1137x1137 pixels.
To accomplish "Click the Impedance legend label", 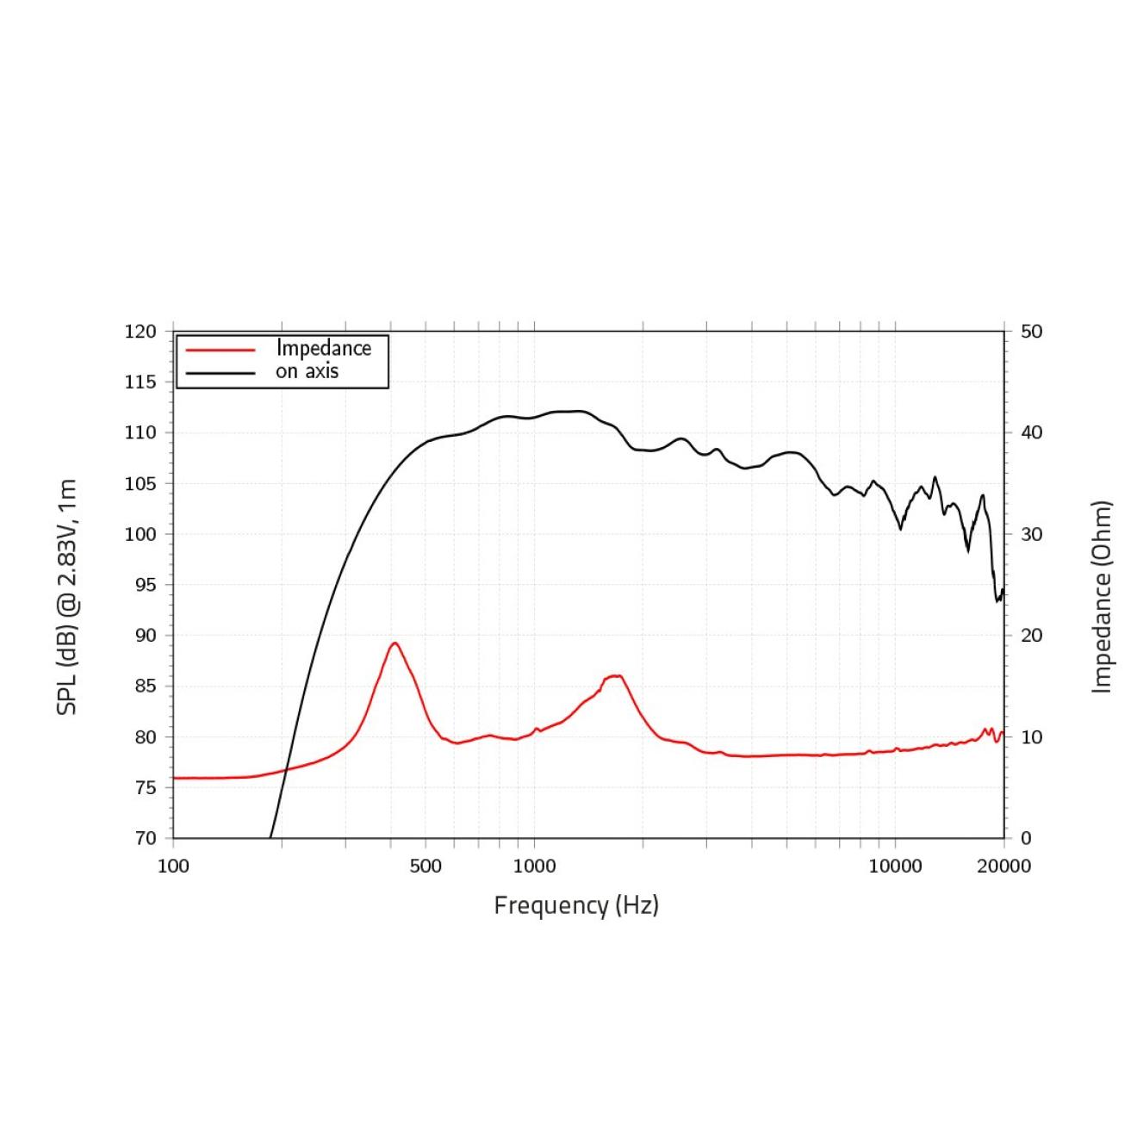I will (x=323, y=349).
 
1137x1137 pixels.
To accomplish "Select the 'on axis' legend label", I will (x=307, y=372).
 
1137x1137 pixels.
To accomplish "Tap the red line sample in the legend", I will (x=221, y=350).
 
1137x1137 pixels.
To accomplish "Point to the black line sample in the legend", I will (x=221, y=373).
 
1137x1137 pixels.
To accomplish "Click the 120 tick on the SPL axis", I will (x=140, y=332).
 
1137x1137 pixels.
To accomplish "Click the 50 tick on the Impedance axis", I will (x=1031, y=332).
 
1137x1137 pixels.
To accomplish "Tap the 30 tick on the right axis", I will (x=1031, y=534).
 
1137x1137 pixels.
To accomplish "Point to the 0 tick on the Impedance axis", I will (x=1026, y=838).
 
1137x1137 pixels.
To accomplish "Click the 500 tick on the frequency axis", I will (x=426, y=866).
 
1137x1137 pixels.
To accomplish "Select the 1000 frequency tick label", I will (x=534, y=866).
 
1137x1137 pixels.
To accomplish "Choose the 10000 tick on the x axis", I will (x=895, y=866).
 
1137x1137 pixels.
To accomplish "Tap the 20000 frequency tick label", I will (x=1003, y=866).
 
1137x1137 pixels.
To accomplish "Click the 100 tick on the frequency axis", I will (x=173, y=866).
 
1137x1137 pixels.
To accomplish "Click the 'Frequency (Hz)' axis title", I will (x=576, y=905).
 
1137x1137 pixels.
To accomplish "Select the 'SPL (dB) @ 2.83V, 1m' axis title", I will (x=67, y=597).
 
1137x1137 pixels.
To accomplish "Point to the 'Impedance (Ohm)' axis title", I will (x=1102, y=597).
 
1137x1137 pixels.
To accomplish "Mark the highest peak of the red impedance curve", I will (x=395, y=643).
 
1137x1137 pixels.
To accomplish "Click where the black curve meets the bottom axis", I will (x=270, y=837).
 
